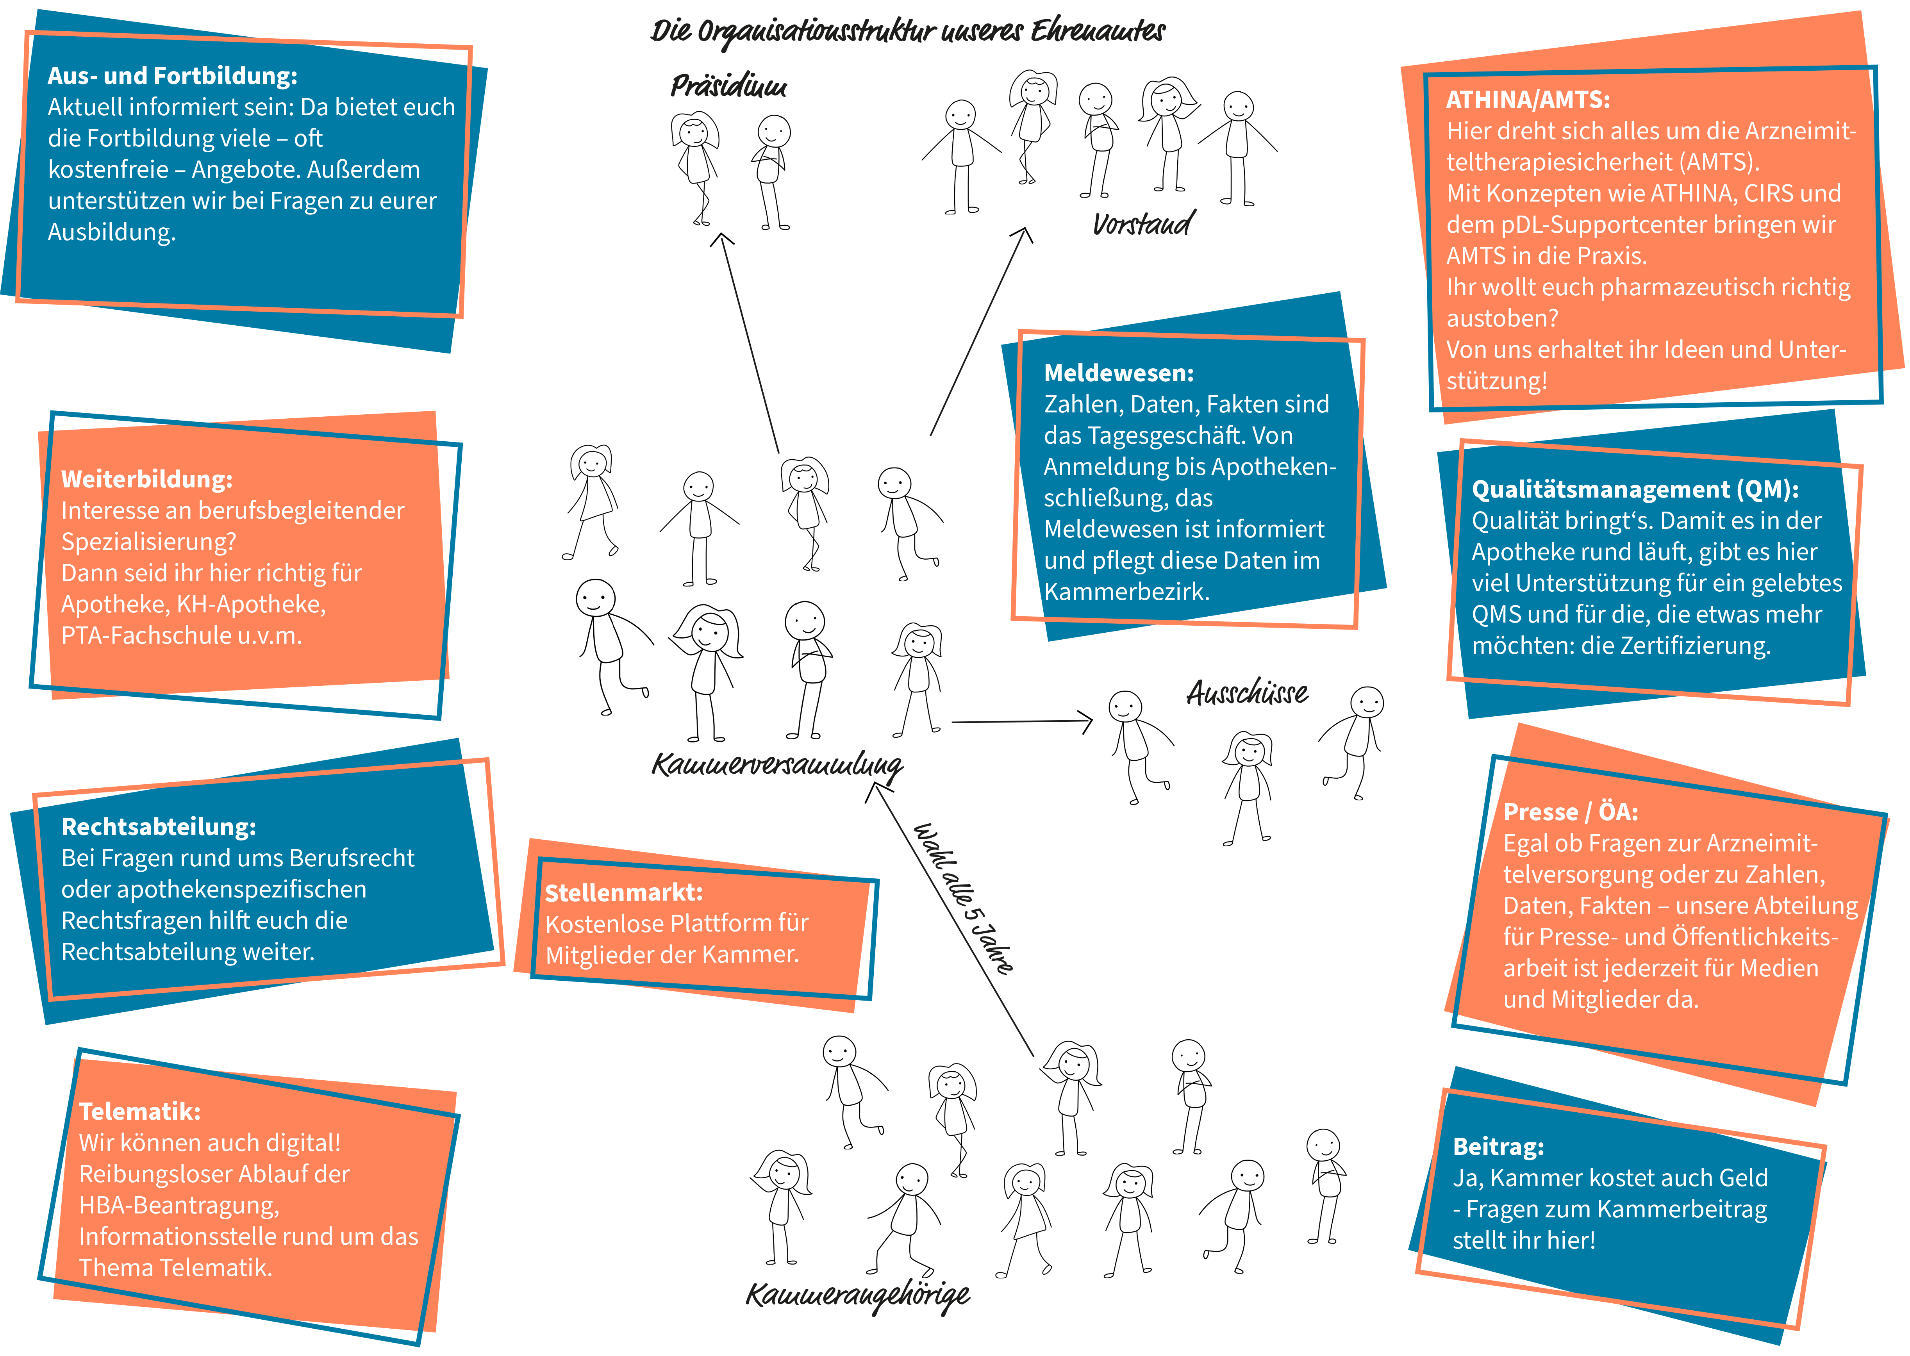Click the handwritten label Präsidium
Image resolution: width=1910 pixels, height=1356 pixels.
pos(728,86)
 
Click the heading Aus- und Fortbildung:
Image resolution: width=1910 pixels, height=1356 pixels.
pos(172,76)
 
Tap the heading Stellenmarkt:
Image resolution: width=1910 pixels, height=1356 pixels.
pos(624,892)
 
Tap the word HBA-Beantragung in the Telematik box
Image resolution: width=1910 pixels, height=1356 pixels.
pos(179,1206)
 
